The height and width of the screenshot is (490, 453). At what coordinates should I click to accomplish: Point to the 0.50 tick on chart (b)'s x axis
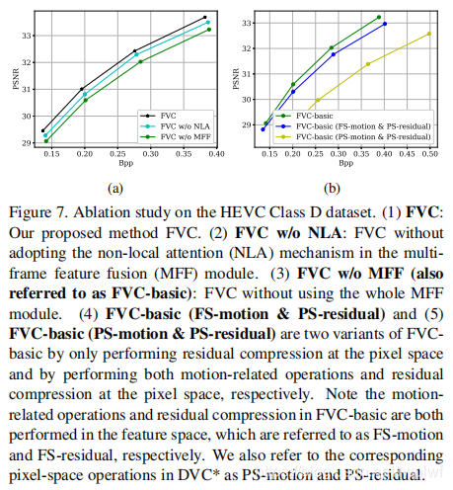point(430,155)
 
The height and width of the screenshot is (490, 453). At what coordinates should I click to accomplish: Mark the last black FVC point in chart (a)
point(204,17)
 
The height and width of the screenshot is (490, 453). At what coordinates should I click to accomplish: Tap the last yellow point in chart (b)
point(429,34)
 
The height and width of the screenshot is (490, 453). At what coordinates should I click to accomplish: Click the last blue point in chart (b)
point(385,23)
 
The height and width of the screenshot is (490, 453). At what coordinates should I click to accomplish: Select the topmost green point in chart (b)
point(378,17)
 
